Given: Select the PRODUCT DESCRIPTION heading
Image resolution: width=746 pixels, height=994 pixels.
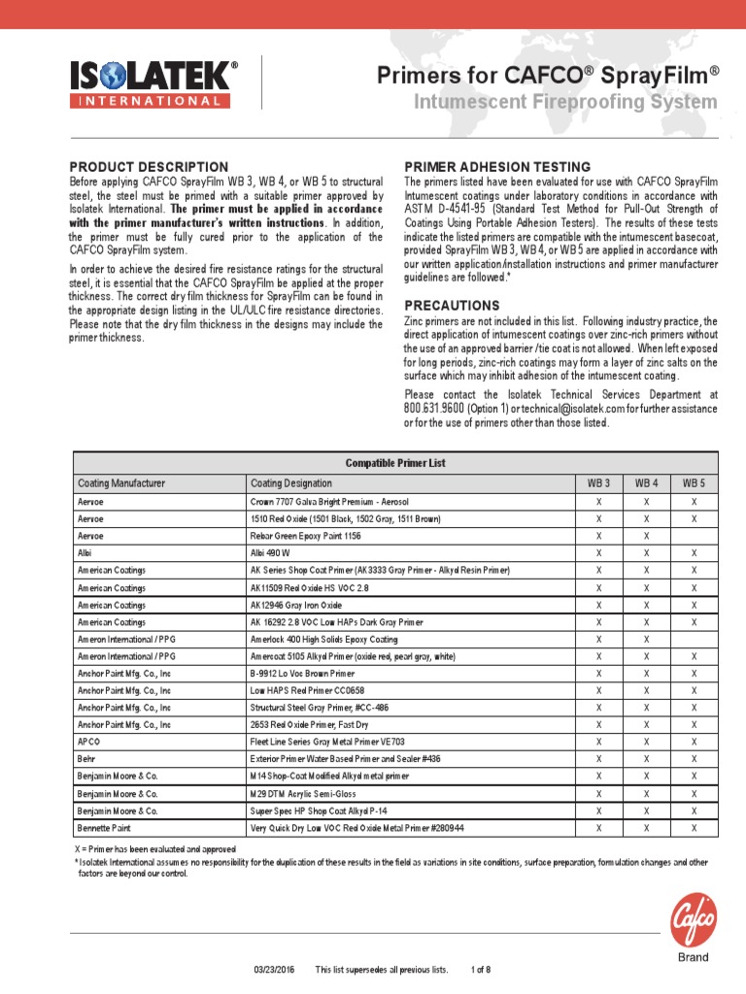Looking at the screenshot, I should (149, 167).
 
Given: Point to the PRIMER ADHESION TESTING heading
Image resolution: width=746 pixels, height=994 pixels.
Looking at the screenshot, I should (496, 167).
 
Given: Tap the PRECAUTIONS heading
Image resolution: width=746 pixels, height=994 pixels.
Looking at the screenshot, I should (452, 305).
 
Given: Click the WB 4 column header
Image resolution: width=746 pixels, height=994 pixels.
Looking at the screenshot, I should (647, 482).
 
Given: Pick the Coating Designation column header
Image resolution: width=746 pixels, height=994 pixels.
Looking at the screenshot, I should (291, 482).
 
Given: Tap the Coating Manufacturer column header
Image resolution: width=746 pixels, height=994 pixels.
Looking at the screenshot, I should (121, 482).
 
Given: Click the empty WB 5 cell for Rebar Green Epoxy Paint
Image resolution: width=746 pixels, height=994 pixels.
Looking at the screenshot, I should (694, 535).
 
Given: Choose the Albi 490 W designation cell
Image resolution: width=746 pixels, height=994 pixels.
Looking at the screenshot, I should (270, 552).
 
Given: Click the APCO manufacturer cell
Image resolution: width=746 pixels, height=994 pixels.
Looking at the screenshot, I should (89, 742).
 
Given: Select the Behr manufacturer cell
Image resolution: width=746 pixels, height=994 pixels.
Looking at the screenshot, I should (86, 759).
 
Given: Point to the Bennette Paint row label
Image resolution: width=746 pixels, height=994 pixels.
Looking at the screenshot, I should (105, 828).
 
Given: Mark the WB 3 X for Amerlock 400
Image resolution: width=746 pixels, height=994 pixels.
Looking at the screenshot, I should (599, 639).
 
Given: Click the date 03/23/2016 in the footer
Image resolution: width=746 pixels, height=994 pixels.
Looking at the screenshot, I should (273, 970).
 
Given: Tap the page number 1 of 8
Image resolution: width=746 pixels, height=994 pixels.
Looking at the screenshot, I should (481, 970).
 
